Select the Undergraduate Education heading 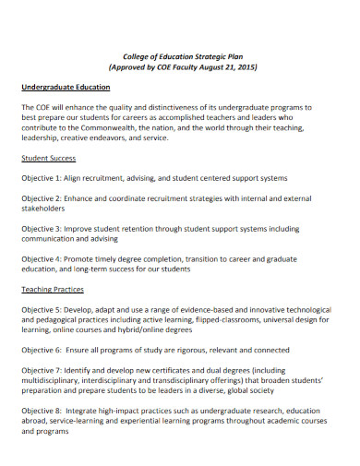(x=66, y=87)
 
